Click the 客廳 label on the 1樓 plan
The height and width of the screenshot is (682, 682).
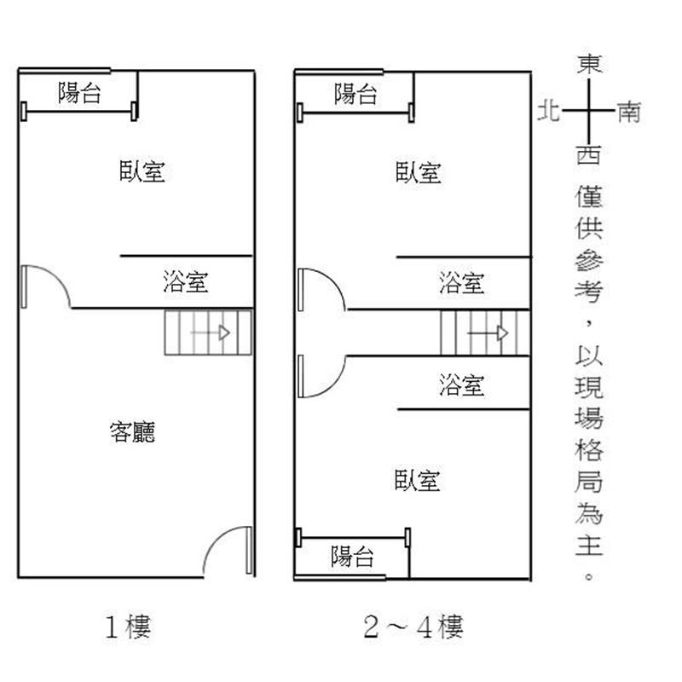pos(133,432)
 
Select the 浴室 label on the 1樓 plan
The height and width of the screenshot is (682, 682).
pos(186,282)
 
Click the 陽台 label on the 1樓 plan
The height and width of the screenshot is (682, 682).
pos(79,93)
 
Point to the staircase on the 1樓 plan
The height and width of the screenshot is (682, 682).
pos(208,332)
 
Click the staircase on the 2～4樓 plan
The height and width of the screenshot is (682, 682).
pos(484,332)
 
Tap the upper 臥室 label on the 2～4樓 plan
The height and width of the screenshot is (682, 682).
pos(419,172)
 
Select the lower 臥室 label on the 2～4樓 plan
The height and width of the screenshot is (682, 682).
pos(419,481)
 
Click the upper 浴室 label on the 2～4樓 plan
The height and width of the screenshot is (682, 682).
pos(462,282)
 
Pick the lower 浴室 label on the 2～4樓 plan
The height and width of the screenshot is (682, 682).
pos(462,385)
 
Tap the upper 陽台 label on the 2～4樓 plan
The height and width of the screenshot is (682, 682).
pos(355,94)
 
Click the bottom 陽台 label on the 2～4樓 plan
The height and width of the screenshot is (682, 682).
pos(353,558)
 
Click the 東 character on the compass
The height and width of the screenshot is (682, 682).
pos(589,65)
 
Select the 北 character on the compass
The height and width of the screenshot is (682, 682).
pos(548,111)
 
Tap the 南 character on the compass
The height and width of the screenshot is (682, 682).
pos(629,112)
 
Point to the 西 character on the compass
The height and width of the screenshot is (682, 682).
pos(589,155)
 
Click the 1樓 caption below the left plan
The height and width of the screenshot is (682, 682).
pos(127,629)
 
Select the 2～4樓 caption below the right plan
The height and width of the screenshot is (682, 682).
pos(413,629)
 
